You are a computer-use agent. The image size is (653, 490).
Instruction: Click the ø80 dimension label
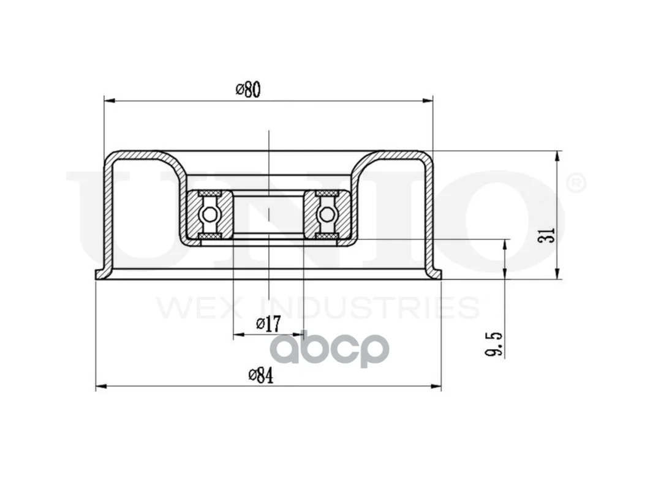[248, 90]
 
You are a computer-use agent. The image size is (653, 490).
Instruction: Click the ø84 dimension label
[261, 375]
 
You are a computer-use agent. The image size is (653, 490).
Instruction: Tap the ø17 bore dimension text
[269, 324]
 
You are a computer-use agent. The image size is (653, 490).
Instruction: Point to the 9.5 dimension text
[494, 345]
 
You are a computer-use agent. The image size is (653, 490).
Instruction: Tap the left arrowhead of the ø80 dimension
[109, 100]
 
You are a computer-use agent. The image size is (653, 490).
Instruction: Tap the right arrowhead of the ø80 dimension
[428, 100]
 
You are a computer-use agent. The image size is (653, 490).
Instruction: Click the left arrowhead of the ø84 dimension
[101, 386]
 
